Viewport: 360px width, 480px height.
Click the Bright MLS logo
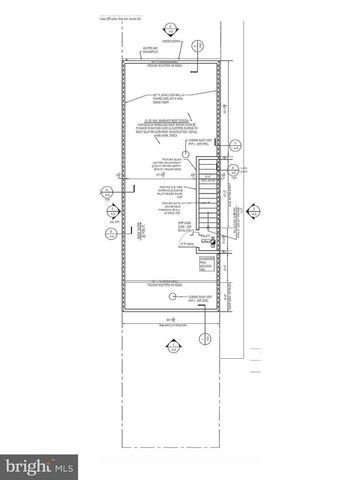[x=40, y=466]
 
